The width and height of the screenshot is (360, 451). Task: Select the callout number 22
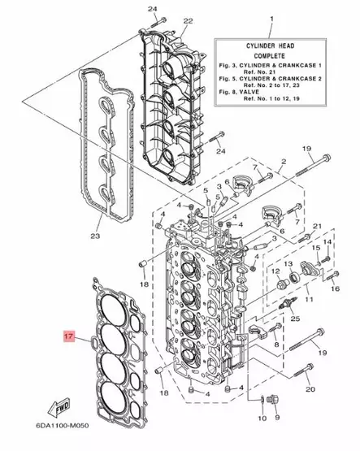(x=189, y=20)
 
